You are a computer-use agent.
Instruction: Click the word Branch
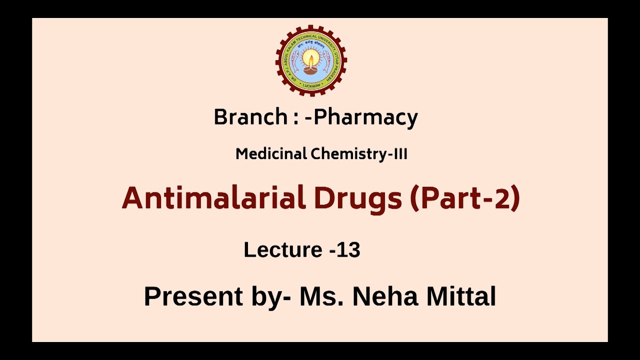click(x=250, y=117)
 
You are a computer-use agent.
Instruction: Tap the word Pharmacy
click(x=365, y=117)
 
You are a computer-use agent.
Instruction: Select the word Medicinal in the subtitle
click(x=271, y=154)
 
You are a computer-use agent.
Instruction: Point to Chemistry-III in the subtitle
click(x=359, y=154)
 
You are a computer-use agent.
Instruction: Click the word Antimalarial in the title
click(x=213, y=198)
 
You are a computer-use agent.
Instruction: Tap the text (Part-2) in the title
click(x=465, y=198)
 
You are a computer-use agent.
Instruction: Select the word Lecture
click(x=283, y=249)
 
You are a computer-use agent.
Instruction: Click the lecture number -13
click(x=345, y=249)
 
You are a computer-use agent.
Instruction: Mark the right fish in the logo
click(x=326, y=61)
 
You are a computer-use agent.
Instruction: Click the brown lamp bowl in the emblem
click(x=311, y=70)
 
